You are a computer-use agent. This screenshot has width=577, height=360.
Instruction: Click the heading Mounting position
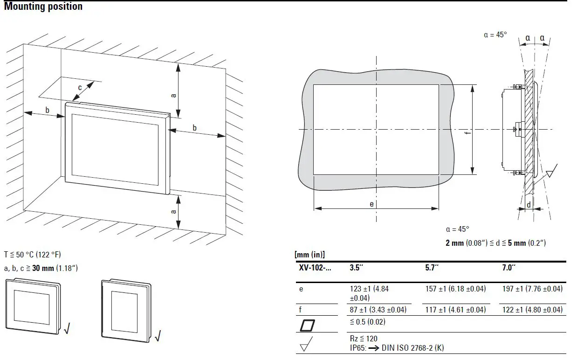point(43,7)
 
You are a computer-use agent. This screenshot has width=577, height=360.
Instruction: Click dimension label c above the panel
point(80,87)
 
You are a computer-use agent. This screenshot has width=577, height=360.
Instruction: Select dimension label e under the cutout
point(371,204)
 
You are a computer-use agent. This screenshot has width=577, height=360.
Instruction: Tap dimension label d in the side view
point(528,205)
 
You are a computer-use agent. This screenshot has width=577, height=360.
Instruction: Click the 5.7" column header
point(432,268)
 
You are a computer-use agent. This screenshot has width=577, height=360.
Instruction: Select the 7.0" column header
point(507,268)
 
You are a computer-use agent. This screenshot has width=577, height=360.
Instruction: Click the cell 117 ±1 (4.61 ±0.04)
point(455,310)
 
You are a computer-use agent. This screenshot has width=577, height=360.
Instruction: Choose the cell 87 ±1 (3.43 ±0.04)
point(378,310)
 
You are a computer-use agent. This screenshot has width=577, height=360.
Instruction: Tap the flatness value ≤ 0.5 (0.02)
point(367,322)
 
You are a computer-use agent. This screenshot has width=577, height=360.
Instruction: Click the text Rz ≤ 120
point(364,339)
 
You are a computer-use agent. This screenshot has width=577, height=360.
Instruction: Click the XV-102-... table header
point(315,268)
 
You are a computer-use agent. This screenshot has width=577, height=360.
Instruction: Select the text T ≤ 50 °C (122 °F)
point(33,255)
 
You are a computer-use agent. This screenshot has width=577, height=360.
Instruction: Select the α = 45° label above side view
point(495,35)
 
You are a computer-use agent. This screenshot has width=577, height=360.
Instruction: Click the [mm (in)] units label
point(309,255)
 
